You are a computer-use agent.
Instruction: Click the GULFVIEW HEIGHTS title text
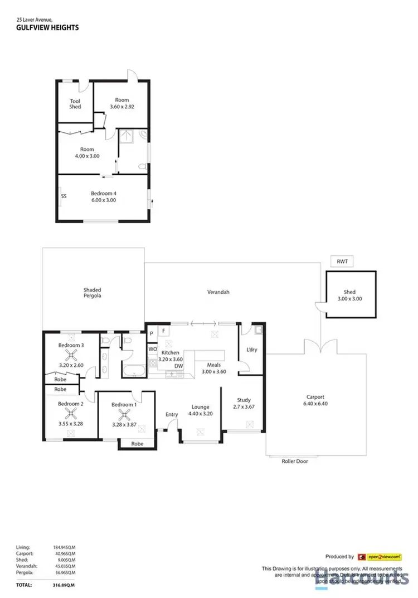(x=47, y=27)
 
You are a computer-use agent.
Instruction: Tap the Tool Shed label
(x=75, y=103)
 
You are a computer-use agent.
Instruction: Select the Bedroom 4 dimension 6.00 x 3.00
(x=103, y=200)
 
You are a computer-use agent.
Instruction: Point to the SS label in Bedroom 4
(x=64, y=196)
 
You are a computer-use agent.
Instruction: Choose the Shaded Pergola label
(x=92, y=293)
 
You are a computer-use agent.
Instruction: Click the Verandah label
(x=218, y=292)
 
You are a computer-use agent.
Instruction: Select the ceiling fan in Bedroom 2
(x=71, y=414)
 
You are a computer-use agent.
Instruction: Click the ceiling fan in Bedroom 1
(x=123, y=414)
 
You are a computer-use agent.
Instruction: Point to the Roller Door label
(x=294, y=461)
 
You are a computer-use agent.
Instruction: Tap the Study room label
(x=243, y=400)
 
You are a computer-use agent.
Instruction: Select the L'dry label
(x=251, y=350)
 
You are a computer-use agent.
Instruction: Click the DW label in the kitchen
(x=178, y=366)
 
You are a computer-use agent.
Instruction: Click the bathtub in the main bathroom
(x=134, y=370)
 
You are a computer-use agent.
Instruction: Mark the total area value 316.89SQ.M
(x=62, y=585)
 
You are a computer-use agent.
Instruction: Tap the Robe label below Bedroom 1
(x=137, y=444)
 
